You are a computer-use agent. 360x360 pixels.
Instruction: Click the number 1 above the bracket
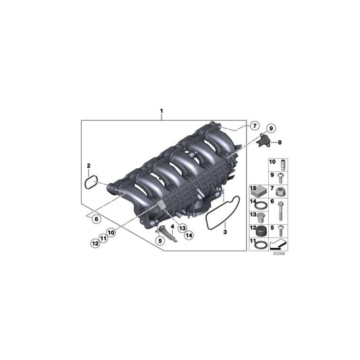pos(161,110)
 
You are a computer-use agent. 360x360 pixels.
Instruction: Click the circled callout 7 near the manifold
pos(254,126)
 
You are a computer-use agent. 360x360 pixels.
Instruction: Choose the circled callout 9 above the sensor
pos(270,128)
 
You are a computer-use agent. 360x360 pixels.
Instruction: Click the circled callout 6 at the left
pos(96,219)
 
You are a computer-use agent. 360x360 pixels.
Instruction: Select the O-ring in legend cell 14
pos(259,205)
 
